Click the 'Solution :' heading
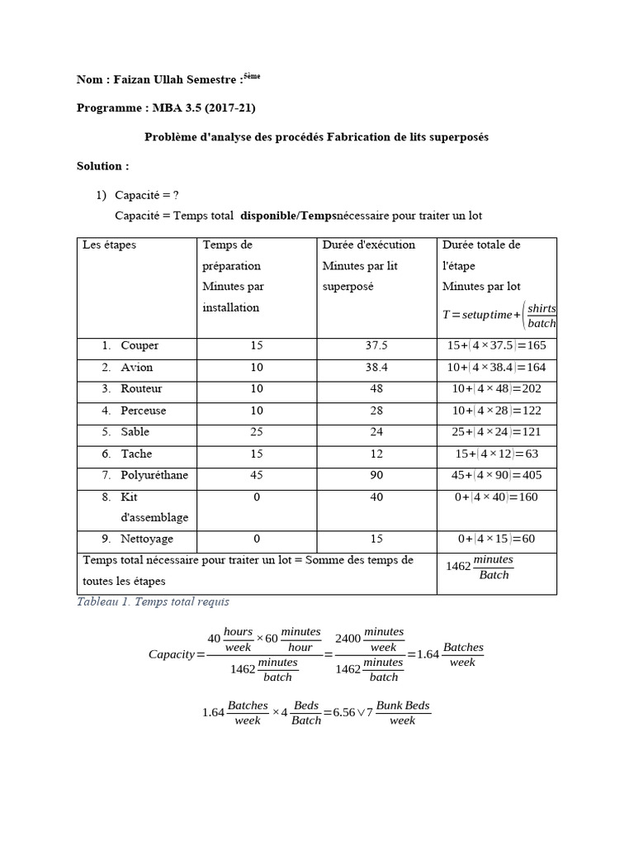pos(102,166)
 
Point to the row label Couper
pos(140,346)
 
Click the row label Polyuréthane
pos(155,475)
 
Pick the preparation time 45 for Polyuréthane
pos(257,475)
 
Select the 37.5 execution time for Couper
pos(376,346)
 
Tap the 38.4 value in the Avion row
pos(376,368)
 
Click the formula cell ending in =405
pos(496,475)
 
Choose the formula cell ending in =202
pos(496,389)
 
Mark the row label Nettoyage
pos(147,539)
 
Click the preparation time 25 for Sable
pos(257,432)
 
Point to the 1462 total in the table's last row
pos(458,567)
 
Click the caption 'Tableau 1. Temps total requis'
pos(153,602)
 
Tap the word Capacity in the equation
pos(173,654)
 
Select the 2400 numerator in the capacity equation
pos(348,639)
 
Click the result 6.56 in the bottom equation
pos(345,712)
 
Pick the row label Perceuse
pos(143,411)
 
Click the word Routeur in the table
pos(141,389)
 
